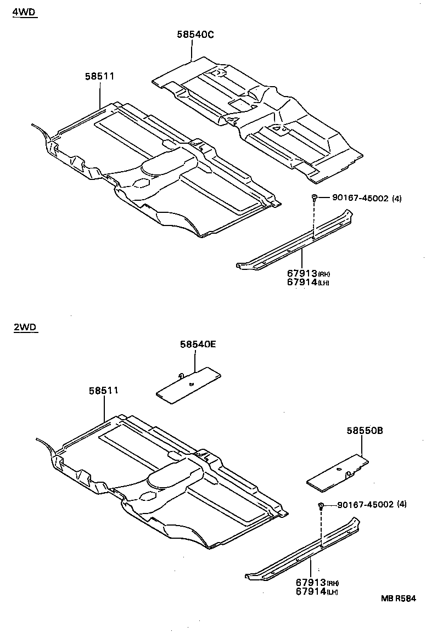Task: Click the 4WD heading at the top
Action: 24,12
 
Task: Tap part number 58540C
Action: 195,35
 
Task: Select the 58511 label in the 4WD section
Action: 99,76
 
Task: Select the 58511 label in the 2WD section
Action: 104,391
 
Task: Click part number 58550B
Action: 364,431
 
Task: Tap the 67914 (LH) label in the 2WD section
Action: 316,592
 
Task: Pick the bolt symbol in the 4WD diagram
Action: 313,198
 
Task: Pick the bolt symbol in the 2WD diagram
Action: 321,505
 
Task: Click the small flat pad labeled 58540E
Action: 188,383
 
